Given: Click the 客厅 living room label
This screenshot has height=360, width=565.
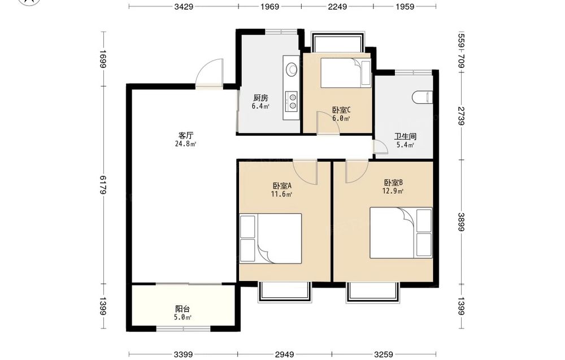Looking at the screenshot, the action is click(x=186, y=136).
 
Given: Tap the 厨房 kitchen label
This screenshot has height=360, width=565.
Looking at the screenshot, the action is click(x=260, y=98).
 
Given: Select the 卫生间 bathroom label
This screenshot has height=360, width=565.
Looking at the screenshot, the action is click(x=405, y=137).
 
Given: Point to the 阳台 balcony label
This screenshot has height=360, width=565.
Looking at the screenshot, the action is click(x=182, y=309).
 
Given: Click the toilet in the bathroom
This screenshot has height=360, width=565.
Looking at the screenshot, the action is click(x=421, y=97).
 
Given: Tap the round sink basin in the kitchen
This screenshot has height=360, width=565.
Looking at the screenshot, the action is click(x=292, y=69).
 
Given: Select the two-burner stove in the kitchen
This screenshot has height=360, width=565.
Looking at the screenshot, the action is click(x=292, y=101).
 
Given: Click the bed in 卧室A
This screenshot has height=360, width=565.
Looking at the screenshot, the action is click(x=270, y=238).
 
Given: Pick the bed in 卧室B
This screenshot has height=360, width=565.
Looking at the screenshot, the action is click(x=401, y=232).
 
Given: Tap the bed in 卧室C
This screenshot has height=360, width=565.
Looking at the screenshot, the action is click(x=346, y=73).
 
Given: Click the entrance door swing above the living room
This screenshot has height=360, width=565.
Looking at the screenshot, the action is click(x=210, y=72).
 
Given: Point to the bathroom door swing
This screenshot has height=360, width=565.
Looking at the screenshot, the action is click(x=380, y=148).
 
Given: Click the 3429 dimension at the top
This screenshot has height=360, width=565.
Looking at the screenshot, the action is click(x=184, y=6).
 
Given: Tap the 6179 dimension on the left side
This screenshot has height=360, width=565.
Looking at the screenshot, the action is click(x=103, y=185).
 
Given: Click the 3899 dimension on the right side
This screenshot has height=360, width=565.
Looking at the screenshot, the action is click(x=460, y=222).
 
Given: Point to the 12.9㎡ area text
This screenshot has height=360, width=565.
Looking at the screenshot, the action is click(x=393, y=191).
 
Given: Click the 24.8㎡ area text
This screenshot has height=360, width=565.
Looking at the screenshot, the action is click(x=185, y=144).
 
